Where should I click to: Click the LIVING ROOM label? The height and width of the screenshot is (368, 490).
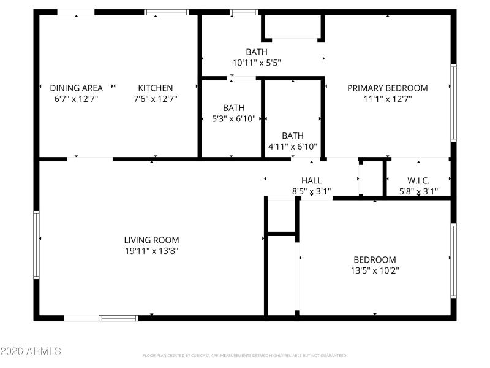(152, 240)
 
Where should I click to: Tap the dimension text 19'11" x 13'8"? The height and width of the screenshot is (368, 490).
(152, 250)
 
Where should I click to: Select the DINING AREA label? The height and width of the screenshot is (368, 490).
(76, 88)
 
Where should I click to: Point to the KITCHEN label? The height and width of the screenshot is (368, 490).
(155, 88)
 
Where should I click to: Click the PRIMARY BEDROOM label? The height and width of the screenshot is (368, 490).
(387, 88)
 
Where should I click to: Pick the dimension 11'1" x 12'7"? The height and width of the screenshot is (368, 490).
(387, 98)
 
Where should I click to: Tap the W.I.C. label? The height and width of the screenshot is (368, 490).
(418, 180)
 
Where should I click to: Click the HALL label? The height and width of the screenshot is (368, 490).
(311, 180)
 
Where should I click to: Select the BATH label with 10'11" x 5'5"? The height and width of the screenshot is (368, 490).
(257, 52)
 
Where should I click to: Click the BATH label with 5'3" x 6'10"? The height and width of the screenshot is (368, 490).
(233, 107)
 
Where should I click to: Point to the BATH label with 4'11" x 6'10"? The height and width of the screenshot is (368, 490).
(292, 136)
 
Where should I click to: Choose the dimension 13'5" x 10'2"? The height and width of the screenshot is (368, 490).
(374, 270)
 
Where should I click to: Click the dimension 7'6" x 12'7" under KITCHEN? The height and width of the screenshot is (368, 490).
(155, 98)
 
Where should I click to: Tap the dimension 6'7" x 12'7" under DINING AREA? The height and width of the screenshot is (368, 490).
(76, 98)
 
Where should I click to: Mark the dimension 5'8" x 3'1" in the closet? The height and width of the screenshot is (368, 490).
(418, 191)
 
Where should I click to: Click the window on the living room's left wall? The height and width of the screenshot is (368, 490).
(36, 245)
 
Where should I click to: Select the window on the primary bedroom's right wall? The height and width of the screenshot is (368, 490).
(453, 102)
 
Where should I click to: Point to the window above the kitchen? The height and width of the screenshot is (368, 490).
(167, 12)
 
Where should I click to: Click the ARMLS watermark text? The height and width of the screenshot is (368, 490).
(31, 351)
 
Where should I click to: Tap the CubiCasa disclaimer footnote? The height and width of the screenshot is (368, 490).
(245, 355)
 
